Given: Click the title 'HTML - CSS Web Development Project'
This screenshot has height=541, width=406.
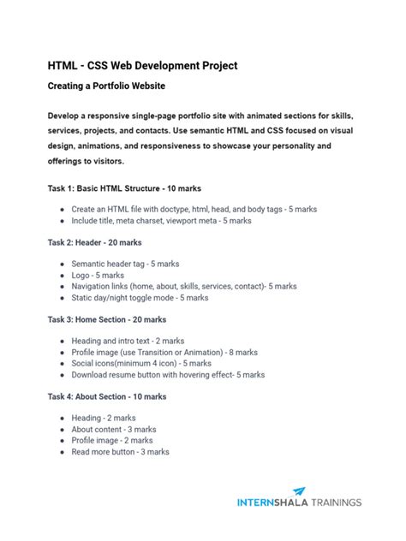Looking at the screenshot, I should click(x=142, y=66).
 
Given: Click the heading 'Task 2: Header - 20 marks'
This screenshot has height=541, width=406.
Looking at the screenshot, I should click(x=94, y=242).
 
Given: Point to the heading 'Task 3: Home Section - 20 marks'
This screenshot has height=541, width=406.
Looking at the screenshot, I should click(x=107, y=319).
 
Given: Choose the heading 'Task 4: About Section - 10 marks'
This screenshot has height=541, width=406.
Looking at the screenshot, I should click(x=107, y=396).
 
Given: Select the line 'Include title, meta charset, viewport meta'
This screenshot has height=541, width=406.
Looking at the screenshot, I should click(x=161, y=220).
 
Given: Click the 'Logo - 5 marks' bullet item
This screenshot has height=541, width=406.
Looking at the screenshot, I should click(x=98, y=276).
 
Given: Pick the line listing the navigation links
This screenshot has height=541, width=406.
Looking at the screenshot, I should click(x=184, y=287).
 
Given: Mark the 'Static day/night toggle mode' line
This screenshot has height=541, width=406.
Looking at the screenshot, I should click(x=140, y=298).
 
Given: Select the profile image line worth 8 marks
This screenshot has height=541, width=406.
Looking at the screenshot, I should click(x=164, y=352).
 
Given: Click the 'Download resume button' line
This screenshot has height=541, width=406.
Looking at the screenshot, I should click(x=168, y=374).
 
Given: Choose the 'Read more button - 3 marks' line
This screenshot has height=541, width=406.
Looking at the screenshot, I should click(x=120, y=451).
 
